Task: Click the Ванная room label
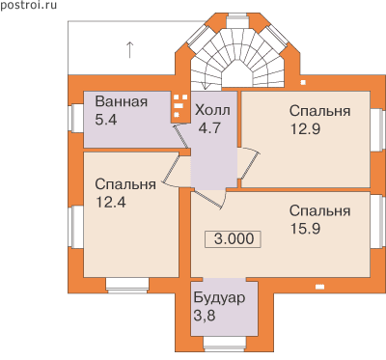tap(122, 101)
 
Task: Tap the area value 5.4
tap(106, 120)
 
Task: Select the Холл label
tap(212, 110)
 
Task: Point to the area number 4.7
tap(209, 128)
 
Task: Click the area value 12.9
tap(305, 129)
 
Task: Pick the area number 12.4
tap(111, 203)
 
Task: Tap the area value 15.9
tap(305, 229)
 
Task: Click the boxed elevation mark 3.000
tap(234, 239)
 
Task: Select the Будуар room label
tap(219, 298)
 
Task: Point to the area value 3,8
tap(205, 316)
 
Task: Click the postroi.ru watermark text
tap(28, 6)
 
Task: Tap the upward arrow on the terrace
tap(129, 50)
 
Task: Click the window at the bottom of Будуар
tap(224, 344)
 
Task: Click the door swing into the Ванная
tap(181, 136)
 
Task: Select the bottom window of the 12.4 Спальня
tap(127, 286)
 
